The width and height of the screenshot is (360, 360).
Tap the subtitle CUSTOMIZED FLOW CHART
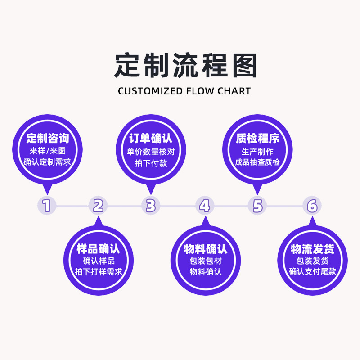coord(184,91)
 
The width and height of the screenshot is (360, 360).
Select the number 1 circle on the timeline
coord(46,206)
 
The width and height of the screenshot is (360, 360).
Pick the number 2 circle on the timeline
coord(99,206)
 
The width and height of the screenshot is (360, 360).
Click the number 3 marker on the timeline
coord(151,206)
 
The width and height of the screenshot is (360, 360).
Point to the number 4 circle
coord(205,206)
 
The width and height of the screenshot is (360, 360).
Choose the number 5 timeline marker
coord(257,206)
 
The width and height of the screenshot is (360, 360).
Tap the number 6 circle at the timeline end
coord(312,206)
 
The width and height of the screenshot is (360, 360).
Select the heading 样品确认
coord(99,249)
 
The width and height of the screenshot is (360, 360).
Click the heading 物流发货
coord(312,249)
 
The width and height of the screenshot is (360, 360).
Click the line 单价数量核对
coord(151,151)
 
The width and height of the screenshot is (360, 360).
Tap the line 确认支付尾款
coord(312,272)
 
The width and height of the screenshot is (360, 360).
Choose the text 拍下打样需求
coord(99,272)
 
